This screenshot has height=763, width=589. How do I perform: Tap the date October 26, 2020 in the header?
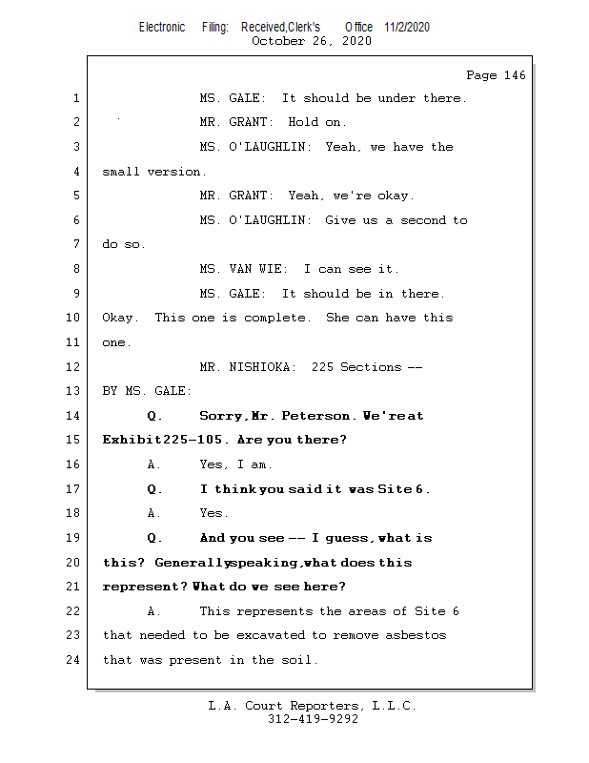(312, 41)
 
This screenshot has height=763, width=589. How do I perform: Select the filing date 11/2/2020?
(407, 27)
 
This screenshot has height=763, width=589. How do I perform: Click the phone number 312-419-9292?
(313, 720)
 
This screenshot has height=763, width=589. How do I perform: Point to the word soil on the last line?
(299, 660)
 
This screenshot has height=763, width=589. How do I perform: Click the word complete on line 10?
(277, 318)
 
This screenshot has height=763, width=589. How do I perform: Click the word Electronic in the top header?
(162, 27)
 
